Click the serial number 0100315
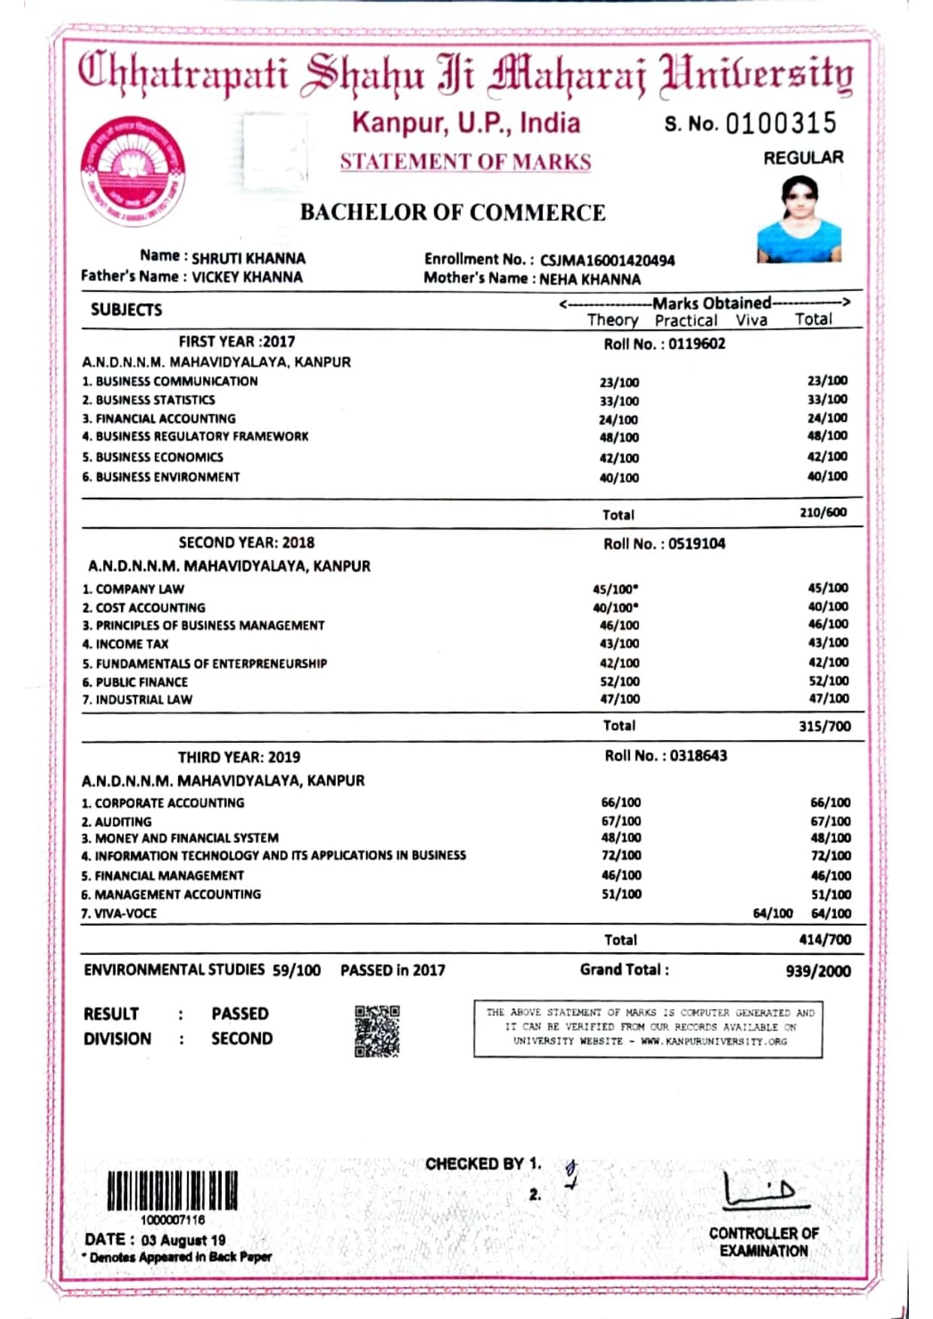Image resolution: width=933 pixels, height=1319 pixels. pyautogui.click(x=780, y=123)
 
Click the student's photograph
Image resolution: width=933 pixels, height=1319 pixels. pyautogui.click(x=798, y=219)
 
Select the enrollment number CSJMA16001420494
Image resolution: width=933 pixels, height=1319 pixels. pyautogui.click(x=607, y=260)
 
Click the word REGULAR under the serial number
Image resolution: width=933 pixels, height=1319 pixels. pyautogui.click(x=803, y=158)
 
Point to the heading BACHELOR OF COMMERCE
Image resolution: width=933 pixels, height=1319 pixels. pyautogui.click(x=453, y=213)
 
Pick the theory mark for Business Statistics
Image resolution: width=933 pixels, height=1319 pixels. pyautogui.click(x=619, y=401)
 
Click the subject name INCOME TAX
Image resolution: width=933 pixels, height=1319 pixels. pyautogui.click(x=132, y=644)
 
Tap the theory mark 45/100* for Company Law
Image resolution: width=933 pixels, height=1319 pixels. pyautogui.click(x=615, y=590)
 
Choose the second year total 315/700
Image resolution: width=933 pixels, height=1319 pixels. pyautogui.click(x=824, y=726)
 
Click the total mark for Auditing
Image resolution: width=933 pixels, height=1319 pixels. pyautogui.click(x=830, y=821)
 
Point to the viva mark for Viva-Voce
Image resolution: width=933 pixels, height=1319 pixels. pyautogui.click(x=773, y=914)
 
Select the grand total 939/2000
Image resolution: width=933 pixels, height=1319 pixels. pyautogui.click(x=818, y=972)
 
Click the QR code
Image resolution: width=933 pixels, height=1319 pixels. pyautogui.click(x=377, y=1031)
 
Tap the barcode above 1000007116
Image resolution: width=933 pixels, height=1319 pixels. pyautogui.click(x=172, y=1190)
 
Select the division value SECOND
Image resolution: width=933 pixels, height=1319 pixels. pyautogui.click(x=241, y=1039)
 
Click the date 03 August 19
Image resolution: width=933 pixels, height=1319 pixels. pyautogui.click(x=183, y=1240)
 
